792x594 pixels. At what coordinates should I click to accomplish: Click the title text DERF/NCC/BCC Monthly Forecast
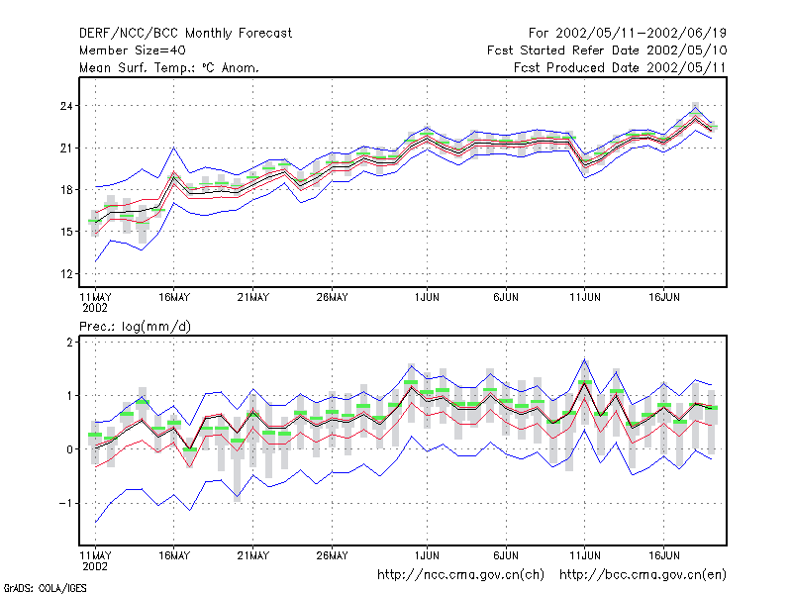[185, 34]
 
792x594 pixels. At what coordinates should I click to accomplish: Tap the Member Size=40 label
[133, 50]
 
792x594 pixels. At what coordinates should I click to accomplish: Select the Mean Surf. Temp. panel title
[168, 67]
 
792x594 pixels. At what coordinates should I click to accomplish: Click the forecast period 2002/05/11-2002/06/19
[628, 34]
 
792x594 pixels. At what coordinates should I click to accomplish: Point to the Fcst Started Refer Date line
[607, 50]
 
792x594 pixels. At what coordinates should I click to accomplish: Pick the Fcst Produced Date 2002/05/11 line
[620, 67]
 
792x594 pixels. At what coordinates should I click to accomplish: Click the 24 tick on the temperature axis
[66, 106]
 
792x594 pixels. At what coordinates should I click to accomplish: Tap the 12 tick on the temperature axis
[66, 274]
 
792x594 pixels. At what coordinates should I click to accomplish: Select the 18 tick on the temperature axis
[66, 190]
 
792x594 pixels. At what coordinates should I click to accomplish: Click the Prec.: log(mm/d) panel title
[135, 327]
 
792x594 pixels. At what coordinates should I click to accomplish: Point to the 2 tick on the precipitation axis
[69, 343]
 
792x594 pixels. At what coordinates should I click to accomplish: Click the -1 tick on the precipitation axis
[65, 504]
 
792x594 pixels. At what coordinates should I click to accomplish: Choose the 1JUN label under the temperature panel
[427, 298]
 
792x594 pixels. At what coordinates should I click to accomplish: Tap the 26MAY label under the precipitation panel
[332, 555]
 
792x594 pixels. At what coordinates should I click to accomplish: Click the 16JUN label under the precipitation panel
[663, 555]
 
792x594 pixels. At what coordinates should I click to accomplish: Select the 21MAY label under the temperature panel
[253, 298]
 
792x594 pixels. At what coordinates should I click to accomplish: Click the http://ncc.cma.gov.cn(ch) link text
[460, 575]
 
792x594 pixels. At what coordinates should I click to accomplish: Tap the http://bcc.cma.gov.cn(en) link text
[643, 575]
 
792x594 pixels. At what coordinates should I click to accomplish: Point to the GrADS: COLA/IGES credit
[45, 588]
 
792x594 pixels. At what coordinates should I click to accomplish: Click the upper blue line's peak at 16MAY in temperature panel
[174, 148]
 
